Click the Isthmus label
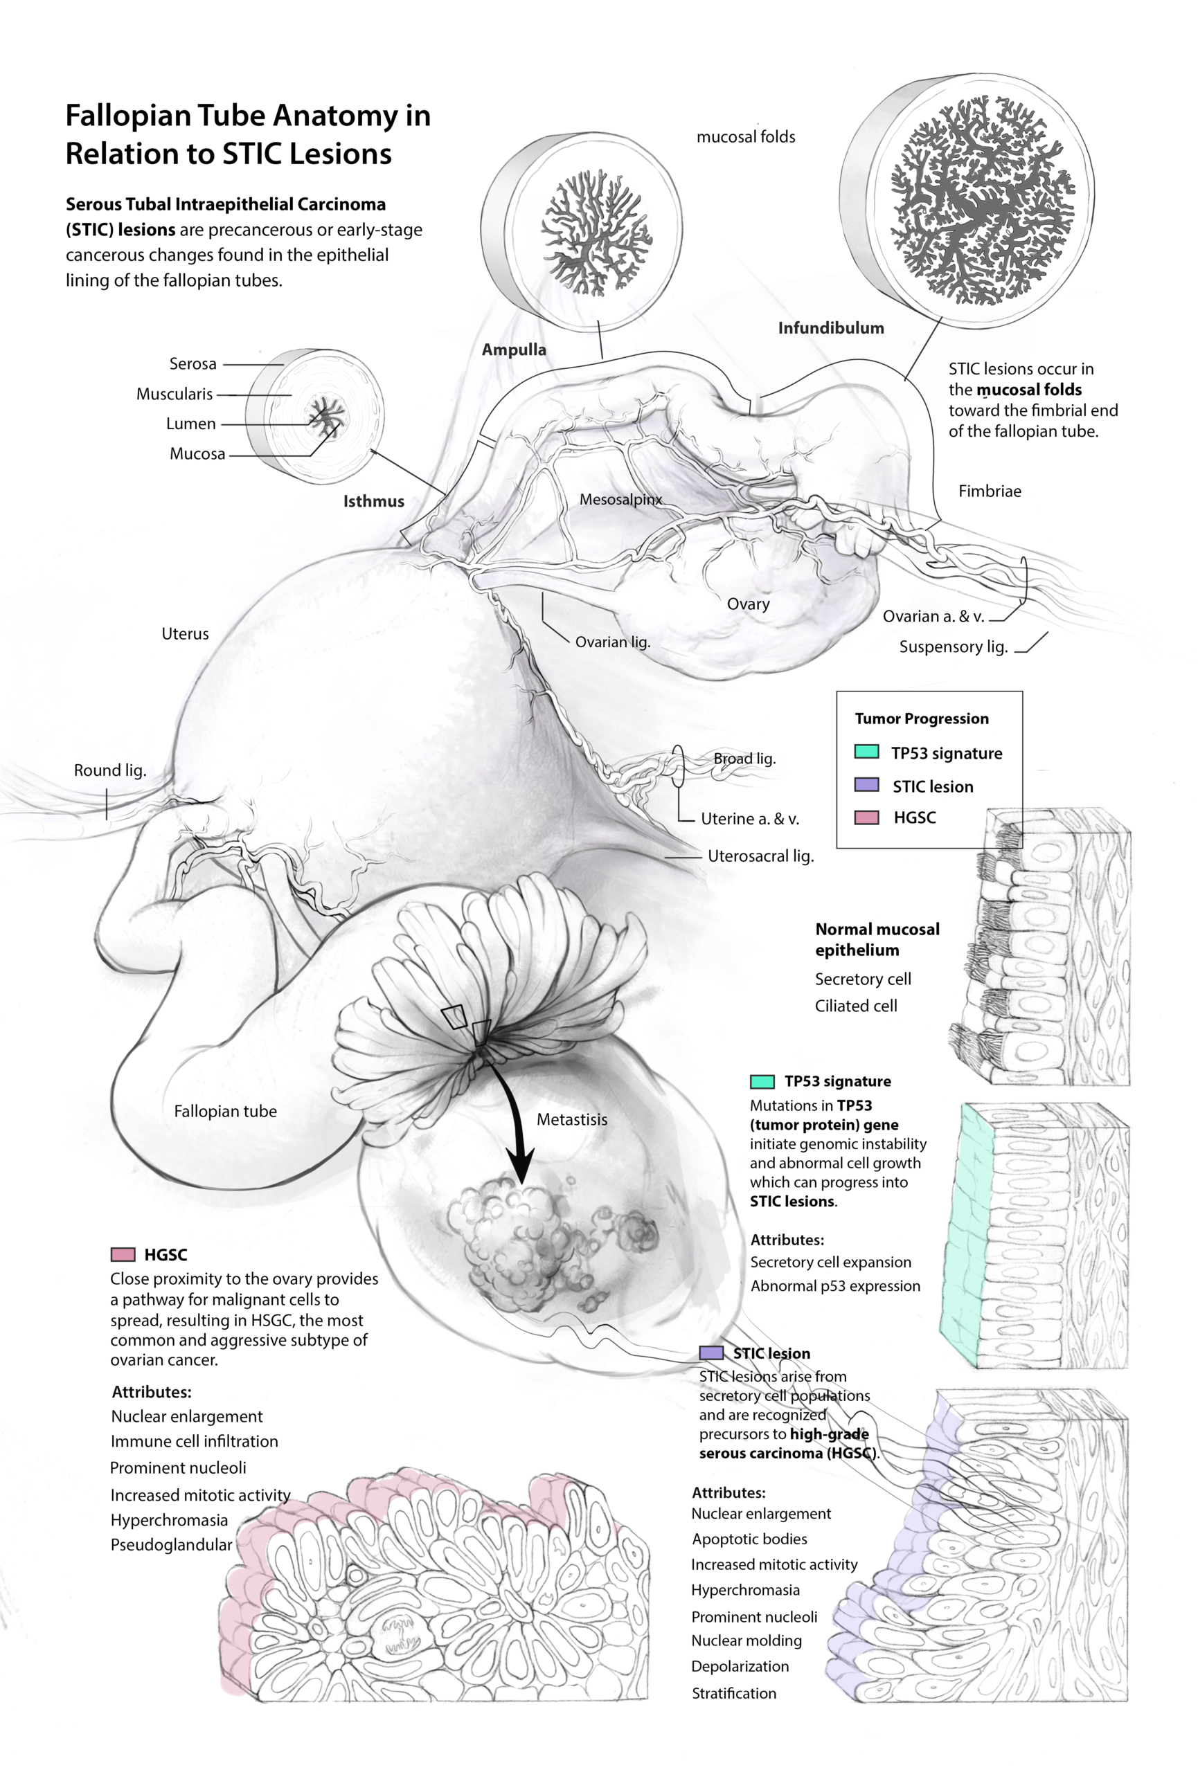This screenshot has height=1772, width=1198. [373, 501]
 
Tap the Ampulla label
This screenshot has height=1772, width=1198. [513, 350]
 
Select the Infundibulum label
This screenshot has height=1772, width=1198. [830, 328]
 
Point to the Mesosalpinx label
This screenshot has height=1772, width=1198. [620, 500]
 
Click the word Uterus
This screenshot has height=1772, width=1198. [184, 633]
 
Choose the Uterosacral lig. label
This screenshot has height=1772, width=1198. [760, 856]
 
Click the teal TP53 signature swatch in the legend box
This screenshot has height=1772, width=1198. [866, 752]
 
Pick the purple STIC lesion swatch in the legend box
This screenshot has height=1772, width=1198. [866, 784]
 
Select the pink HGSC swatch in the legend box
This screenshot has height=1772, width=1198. [866, 817]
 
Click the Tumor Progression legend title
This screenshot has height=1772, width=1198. [921, 718]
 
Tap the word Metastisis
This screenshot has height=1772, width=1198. [572, 1119]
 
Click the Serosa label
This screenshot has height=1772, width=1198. [193, 363]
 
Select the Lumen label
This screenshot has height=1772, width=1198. [190, 424]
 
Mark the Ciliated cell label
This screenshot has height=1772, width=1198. [856, 1006]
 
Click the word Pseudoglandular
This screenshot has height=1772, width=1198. [172, 1545]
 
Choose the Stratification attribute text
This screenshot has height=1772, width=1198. [733, 1694]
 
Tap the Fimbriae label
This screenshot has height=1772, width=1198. [989, 491]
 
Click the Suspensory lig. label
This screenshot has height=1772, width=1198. [954, 647]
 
